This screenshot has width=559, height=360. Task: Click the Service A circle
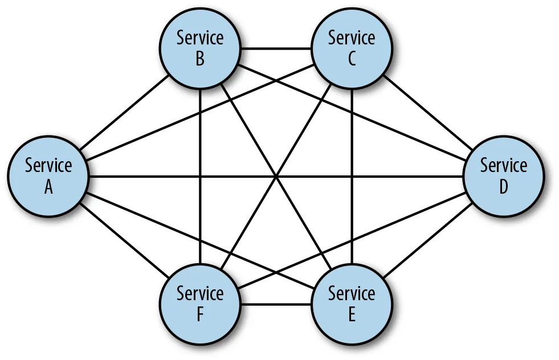pos(48,176)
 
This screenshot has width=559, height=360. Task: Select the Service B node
pos(200,48)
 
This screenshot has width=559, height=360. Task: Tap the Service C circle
pos(352,48)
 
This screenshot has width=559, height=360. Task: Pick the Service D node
pos(504,176)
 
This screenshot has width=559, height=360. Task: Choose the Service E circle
pos(352,304)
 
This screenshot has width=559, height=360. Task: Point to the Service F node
pos(200,304)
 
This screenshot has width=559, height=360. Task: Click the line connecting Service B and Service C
pos(276,48)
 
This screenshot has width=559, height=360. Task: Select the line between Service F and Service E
pos(276,304)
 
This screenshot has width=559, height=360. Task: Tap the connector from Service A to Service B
pos(124,112)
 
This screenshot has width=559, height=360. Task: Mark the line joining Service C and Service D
pos(428,112)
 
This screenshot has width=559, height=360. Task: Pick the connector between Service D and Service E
pos(428,240)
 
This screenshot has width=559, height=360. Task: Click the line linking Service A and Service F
pos(124,240)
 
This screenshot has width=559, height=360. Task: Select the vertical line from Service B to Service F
pos(200,177)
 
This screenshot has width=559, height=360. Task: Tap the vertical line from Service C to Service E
pos(352,177)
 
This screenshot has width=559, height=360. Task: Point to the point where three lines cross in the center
pos(276,176)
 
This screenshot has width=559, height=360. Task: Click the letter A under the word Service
pos(48,187)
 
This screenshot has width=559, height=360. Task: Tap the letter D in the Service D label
pos(504,187)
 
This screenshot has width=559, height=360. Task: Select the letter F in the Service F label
pos(200,314)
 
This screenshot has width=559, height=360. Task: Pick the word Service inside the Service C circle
pos(352,38)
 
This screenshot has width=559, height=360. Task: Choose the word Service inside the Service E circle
pos(352,293)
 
